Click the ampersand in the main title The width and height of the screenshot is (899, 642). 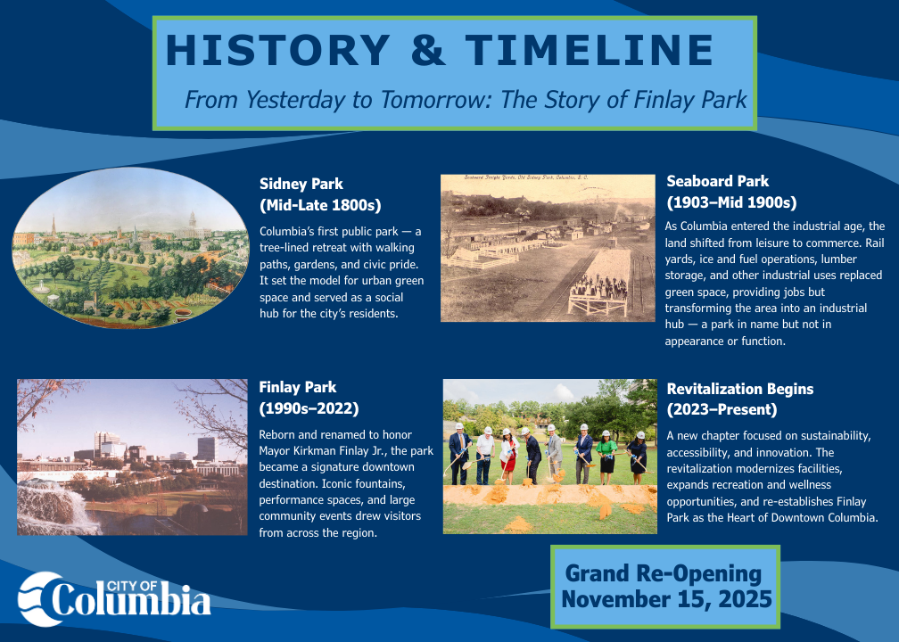pos(428,50)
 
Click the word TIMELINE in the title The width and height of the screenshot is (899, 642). pos(590,50)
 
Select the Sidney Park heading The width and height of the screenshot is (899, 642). pos(301,184)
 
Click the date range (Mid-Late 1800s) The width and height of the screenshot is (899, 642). pos(320,205)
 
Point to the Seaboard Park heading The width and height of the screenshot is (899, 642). pos(717,181)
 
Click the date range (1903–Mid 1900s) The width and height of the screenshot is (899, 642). pos(731,202)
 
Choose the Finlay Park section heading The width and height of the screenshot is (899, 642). pos(298,388)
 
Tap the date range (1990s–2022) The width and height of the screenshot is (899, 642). pos(309,408)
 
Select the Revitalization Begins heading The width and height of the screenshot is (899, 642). pos(739,389)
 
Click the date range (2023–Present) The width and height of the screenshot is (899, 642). pos(722,410)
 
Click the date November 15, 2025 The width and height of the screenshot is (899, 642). pos(666,599)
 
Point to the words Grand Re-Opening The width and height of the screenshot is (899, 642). pos(664,573)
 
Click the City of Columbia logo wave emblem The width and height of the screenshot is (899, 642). pos(39,599)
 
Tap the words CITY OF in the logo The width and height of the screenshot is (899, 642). pos(132,586)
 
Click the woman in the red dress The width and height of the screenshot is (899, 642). pos(507,456)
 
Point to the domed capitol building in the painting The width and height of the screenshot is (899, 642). pos(192,226)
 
